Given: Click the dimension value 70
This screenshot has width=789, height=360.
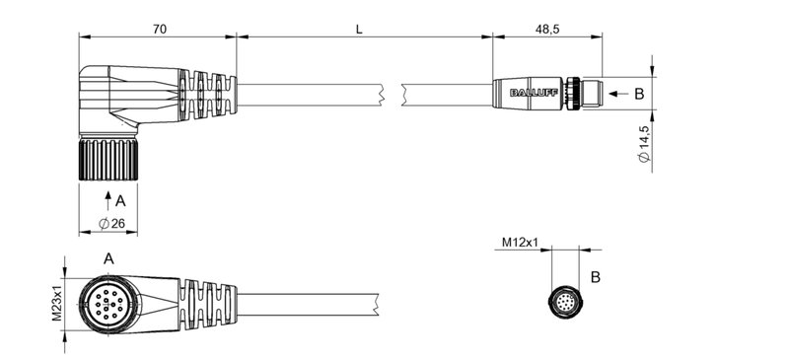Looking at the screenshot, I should point(158,30).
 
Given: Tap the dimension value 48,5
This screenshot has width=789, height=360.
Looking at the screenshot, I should point(547,30).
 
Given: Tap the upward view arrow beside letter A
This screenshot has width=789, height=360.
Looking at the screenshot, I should point(108,201).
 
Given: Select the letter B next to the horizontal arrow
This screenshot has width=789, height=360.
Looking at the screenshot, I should point(638,95).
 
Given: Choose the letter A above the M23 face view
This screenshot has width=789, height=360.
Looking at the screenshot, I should point(108,257).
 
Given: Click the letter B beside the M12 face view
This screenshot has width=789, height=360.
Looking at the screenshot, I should point(595,277).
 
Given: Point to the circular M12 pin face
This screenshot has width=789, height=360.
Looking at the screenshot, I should point(564,301).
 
